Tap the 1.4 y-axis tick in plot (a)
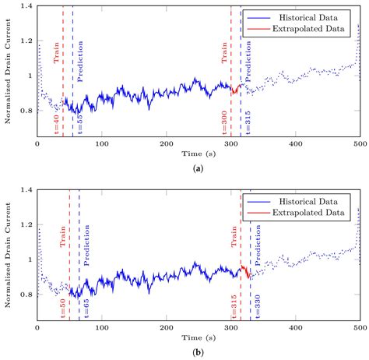pos(25,6)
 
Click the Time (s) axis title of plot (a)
pos(198,154)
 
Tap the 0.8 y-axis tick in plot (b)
pos(25,294)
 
